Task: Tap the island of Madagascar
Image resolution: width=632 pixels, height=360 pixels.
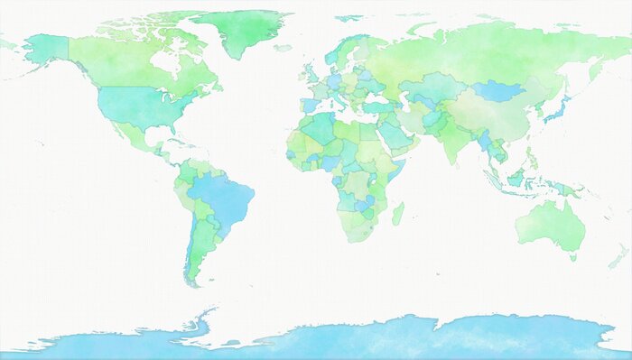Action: coord(397,214)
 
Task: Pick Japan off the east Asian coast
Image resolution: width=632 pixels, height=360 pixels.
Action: coord(556,110)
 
